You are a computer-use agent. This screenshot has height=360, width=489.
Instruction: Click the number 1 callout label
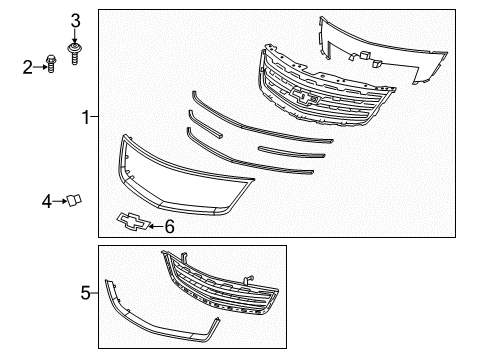click(x=86, y=118)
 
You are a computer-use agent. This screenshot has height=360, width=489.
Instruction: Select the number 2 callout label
click(x=28, y=67)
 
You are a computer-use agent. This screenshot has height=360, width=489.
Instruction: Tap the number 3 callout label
click(x=73, y=19)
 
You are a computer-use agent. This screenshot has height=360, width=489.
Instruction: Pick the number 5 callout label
click(x=86, y=292)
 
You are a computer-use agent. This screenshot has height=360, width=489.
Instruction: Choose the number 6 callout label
click(x=168, y=227)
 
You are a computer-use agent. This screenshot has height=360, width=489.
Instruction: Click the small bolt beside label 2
click(x=49, y=66)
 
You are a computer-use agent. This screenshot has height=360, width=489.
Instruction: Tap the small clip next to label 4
click(x=73, y=201)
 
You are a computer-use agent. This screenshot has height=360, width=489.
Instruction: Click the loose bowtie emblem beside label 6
click(x=131, y=223)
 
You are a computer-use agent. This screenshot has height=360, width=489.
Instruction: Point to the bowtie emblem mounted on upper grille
click(x=306, y=96)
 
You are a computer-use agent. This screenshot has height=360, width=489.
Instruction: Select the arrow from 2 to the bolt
click(x=39, y=67)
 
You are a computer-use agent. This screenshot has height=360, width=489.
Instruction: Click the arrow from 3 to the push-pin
click(x=73, y=34)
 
